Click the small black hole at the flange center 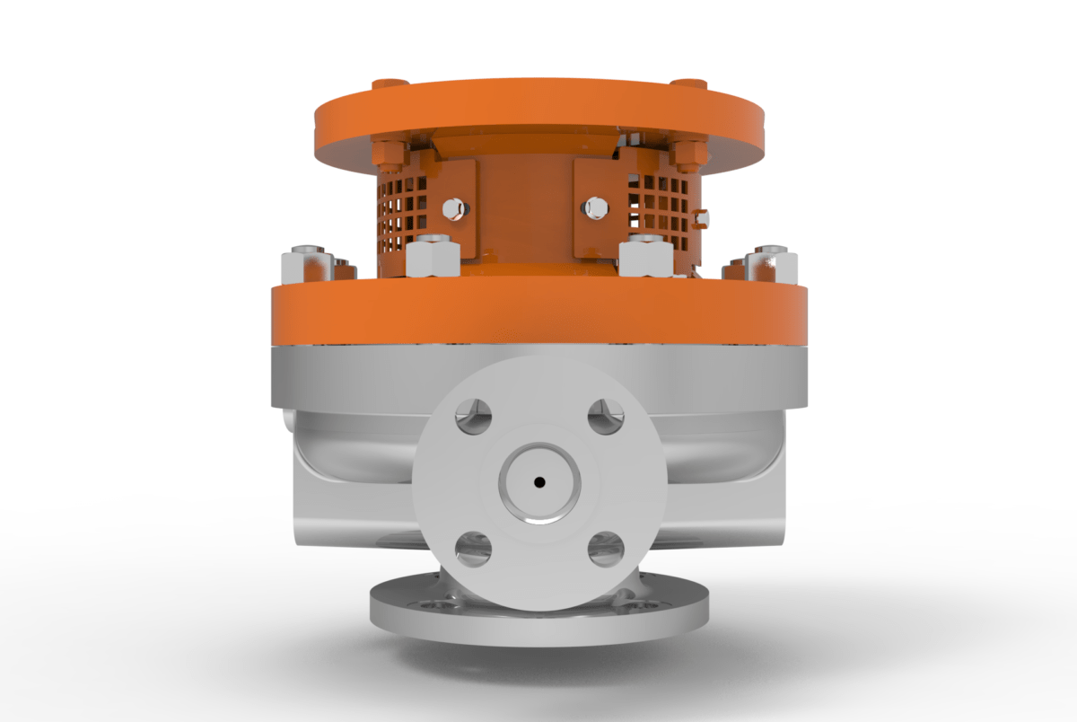tap(538, 482)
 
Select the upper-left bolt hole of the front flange tap(473, 416)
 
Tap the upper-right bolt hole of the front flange tap(606, 416)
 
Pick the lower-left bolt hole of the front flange tap(473, 549)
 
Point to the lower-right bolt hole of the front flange tap(606, 549)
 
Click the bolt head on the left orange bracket tap(454, 208)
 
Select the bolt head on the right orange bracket tap(594, 208)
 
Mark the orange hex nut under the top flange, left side tap(390, 155)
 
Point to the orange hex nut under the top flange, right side tap(687, 155)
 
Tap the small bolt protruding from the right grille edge tap(703, 218)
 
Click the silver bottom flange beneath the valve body tap(538, 620)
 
